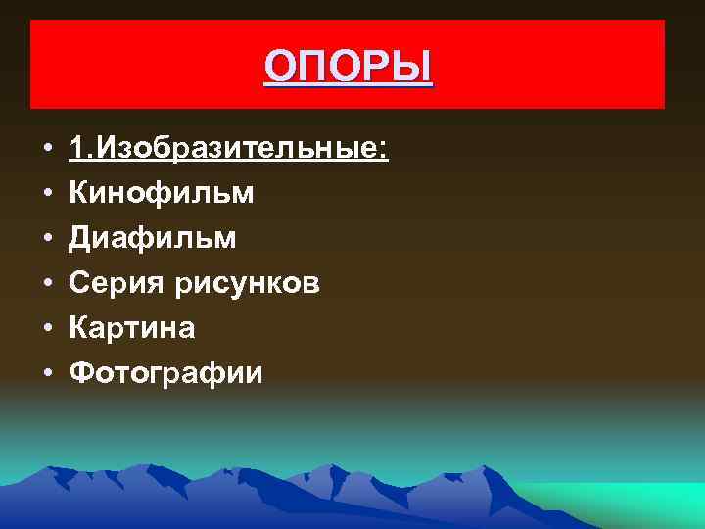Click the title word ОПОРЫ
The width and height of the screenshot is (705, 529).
348,69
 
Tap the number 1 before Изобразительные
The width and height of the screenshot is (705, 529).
76,149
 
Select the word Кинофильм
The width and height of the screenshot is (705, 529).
162,193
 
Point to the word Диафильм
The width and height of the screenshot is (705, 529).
153,238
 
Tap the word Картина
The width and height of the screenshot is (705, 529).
132,328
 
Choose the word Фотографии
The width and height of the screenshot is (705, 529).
166,373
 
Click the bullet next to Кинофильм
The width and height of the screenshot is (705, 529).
46,194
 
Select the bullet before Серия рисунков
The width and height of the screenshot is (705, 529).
46,284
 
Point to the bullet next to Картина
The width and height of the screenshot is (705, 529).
46,329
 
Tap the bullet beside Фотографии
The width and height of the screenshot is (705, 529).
46,374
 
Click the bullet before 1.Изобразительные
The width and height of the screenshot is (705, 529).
46,150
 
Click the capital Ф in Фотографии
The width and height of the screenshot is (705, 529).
82,373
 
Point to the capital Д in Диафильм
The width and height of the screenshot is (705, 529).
80,238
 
